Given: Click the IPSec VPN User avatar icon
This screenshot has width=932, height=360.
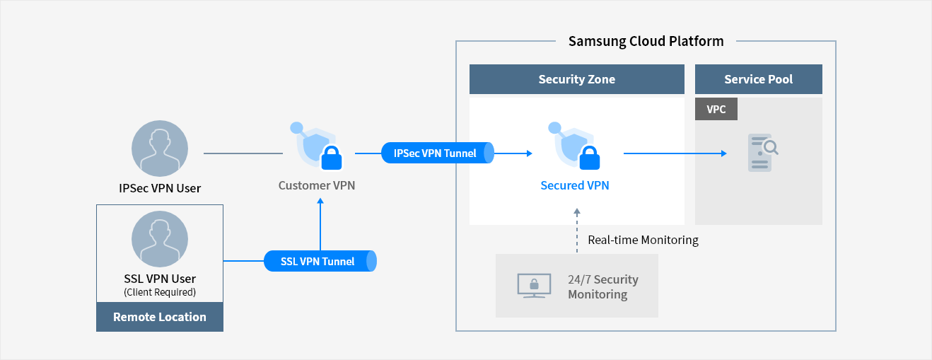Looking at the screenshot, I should coord(160,149).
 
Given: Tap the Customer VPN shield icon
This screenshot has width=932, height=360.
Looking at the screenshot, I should coord(316,146).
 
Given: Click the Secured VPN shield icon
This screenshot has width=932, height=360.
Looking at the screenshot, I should coord(574,146).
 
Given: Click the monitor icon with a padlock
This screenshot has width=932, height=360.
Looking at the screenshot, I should coord(531,286).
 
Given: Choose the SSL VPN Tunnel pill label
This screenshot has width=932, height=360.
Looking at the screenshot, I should coord(319,261).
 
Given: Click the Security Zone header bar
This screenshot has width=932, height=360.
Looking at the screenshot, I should coord(576,79).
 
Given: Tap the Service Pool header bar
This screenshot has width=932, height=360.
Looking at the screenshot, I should coord(758,79).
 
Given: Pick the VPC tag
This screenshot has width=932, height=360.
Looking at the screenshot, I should coord(716,109).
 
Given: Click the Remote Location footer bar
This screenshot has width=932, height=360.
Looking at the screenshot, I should coord(160,317).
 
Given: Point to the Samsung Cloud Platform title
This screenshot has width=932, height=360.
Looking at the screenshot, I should coord(646,41).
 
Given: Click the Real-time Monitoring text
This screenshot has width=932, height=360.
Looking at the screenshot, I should coord(643,240).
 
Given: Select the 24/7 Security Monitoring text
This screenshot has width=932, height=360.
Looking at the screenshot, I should coord(602,286).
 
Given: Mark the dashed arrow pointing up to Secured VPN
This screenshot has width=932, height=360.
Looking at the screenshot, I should coord(577,230).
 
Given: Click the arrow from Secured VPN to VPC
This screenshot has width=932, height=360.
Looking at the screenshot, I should coord(675,153).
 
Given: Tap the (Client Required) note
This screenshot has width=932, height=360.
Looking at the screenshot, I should coord(160,292).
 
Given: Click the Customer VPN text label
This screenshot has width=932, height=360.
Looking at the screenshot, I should coord(316,185).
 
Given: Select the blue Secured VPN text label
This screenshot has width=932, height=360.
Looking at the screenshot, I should coord(574,185).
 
